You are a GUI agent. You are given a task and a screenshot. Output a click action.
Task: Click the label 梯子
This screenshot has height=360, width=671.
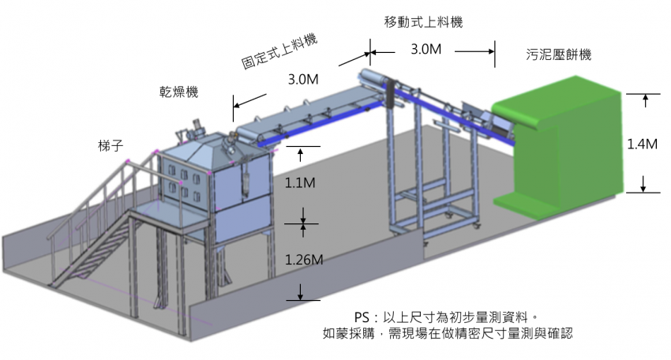pos(111,146)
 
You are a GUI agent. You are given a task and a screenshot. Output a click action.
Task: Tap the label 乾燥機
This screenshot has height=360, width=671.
pos(179,92)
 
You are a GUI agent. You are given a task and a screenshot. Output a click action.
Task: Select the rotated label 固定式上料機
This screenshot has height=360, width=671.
pos(279,52)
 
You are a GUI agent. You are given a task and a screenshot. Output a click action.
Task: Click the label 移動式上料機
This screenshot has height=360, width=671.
pos(423,21)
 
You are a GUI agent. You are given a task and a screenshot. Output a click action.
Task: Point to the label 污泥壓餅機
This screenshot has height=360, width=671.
pos(558,54)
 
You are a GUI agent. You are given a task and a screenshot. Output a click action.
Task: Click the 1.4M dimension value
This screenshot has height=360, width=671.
pos(642,144)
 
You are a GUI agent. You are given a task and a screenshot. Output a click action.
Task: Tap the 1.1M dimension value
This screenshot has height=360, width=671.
pos(300,183)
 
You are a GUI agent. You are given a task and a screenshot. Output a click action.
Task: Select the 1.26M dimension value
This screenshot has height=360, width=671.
pos(304,260)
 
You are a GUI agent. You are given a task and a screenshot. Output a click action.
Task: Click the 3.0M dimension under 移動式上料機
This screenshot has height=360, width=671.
pos(425,49)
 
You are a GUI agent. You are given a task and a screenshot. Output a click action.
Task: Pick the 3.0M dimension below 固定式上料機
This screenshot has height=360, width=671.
pos(303,79)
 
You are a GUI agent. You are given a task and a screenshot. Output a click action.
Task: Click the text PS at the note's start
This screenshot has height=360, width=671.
pos(362,317)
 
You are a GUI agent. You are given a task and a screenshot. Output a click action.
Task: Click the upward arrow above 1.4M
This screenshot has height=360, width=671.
pos(645,100)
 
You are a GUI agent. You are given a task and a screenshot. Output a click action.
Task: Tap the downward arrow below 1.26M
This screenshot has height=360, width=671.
pos(301,291)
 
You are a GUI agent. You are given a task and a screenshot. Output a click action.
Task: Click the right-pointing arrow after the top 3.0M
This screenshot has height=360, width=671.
pos(474,52)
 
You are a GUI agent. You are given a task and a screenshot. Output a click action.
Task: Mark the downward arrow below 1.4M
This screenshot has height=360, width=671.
pos(643,184)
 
